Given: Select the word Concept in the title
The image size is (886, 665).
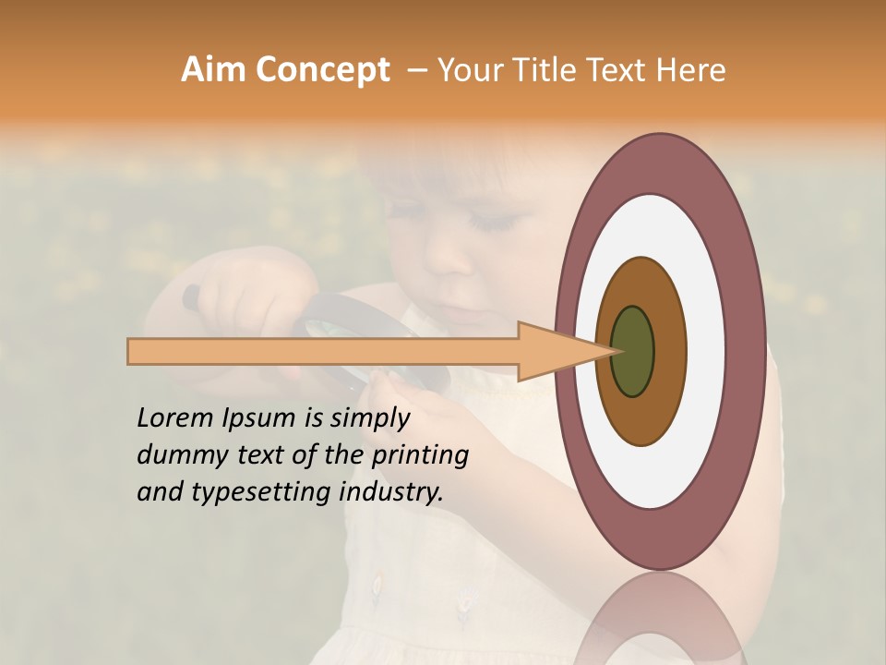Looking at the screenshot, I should pyautogui.click(x=323, y=69).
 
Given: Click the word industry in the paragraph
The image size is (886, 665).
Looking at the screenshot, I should pyautogui.click(x=391, y=492).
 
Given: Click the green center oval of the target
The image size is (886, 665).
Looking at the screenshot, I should pyautogui.click(x=633, y=351).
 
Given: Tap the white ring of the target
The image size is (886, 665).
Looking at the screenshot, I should pyautogui.click(x=706, y=351).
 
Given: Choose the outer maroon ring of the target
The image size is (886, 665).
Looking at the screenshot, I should pyautogui.click(x=748, y=351).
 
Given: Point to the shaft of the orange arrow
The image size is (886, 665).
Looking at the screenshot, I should pyautogui.click(x=323, y=351).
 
